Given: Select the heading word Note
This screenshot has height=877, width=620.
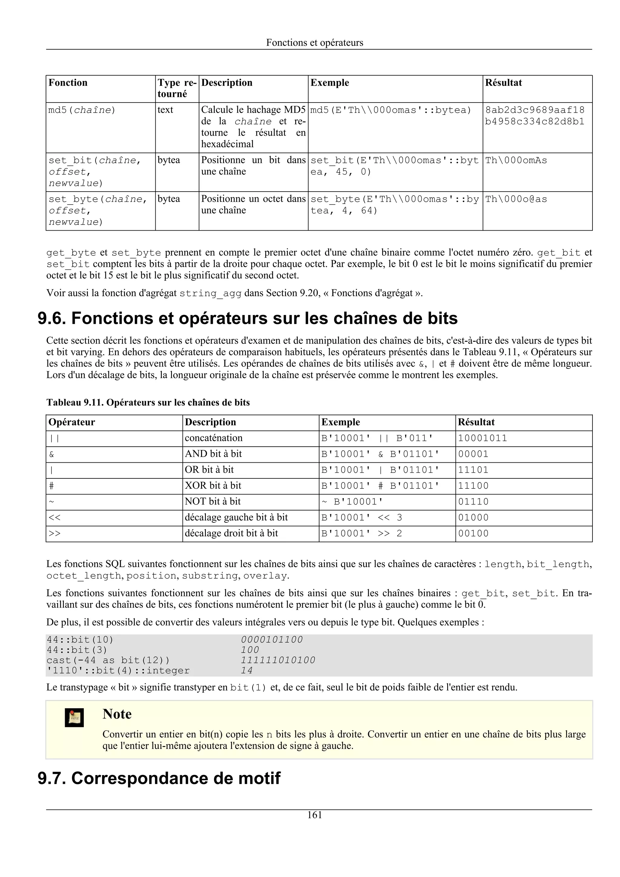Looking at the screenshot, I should coord(117,714).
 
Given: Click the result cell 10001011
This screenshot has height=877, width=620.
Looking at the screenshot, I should coord(483,438).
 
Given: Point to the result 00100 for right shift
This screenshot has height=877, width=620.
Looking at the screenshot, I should coord(473,533).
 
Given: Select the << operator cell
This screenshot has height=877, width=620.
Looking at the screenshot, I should coord(54,517).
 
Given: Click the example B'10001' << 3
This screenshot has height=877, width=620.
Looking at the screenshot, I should coord(362,517).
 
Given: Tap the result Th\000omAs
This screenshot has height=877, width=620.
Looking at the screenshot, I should coord(516,160).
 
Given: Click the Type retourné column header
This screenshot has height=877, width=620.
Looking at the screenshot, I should coord(176,88).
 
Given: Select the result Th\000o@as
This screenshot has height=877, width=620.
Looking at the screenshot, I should coord(516,199).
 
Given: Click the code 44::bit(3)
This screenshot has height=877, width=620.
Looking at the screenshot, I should coord(77,650).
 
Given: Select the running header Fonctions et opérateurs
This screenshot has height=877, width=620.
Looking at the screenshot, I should coord(315,42).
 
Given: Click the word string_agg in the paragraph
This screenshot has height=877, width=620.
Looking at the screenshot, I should coord(210,293).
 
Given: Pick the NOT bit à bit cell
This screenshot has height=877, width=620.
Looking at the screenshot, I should coord(213,501).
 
